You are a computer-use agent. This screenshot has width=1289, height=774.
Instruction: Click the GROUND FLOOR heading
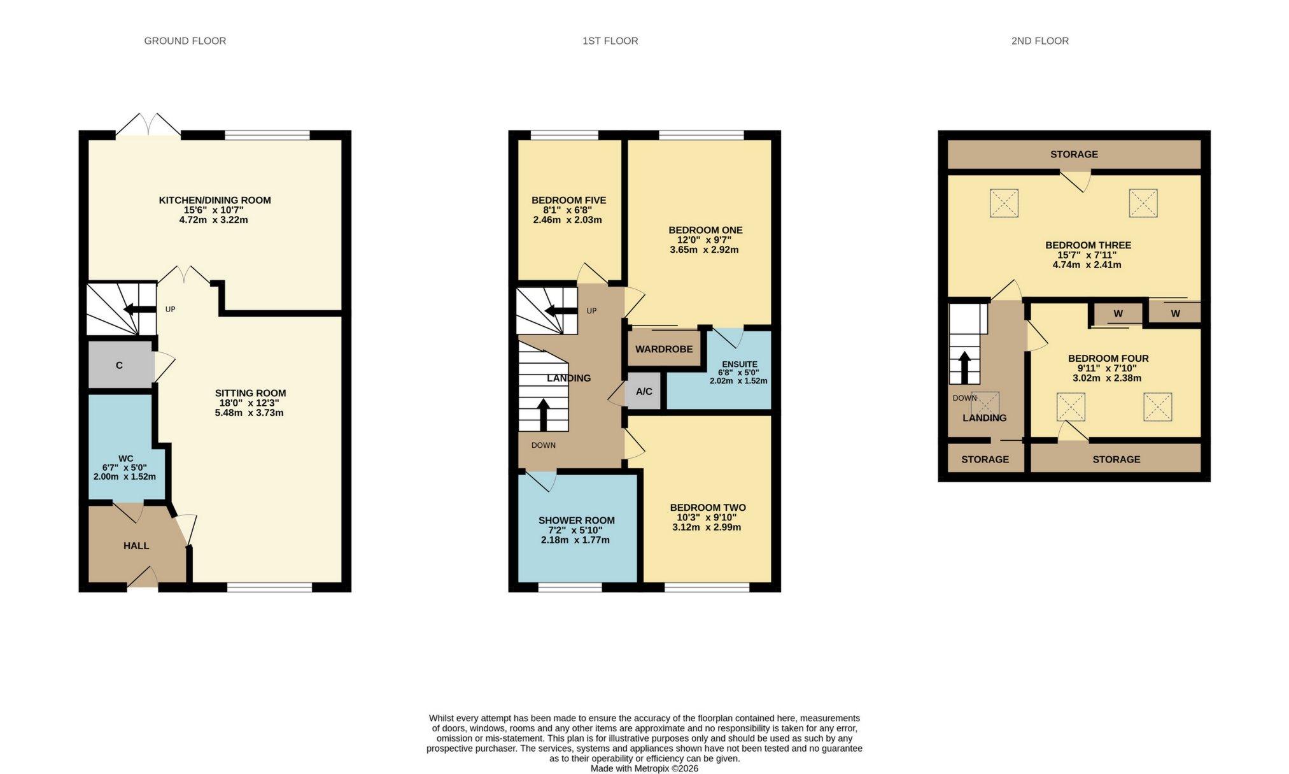(x=185, y=41)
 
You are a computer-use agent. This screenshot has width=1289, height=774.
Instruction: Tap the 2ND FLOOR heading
(x=1039, y=41)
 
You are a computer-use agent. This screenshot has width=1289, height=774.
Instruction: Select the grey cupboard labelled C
(x=120, y=365)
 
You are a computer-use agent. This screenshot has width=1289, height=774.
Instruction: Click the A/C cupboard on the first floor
(x=644, y=391)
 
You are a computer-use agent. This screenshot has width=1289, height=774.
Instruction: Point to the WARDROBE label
(x=663, y=349)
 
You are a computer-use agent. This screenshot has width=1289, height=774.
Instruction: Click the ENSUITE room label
(x=739, y=364)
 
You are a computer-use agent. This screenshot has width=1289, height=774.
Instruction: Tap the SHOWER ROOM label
(x=576, y=520)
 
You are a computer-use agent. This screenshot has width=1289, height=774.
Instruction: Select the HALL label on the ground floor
(x=136, y=546)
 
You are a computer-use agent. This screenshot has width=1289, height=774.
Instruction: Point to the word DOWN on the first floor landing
(x=543, y=445)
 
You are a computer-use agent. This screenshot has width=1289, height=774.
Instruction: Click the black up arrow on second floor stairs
(x=964, y=366)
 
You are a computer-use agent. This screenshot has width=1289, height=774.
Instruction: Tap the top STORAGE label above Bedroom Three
(x=1074, y=154)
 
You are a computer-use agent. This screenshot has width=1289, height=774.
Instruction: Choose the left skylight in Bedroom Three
(x=1004, y=203)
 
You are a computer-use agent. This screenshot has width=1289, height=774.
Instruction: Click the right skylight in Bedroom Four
(x=1157, y=406)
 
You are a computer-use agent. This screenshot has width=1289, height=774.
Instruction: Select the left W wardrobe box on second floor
(x=1118, y=314)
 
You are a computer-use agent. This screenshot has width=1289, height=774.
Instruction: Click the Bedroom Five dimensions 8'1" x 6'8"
(x=567, y=210)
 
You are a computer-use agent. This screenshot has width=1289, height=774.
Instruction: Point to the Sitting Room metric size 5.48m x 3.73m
(x=249, y=413)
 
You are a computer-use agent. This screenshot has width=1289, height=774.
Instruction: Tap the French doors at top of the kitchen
(x=148, y=125)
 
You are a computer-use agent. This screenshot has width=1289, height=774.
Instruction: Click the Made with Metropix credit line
(x=644, y=769)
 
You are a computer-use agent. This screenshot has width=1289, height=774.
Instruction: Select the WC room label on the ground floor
(x=125, y=459)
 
